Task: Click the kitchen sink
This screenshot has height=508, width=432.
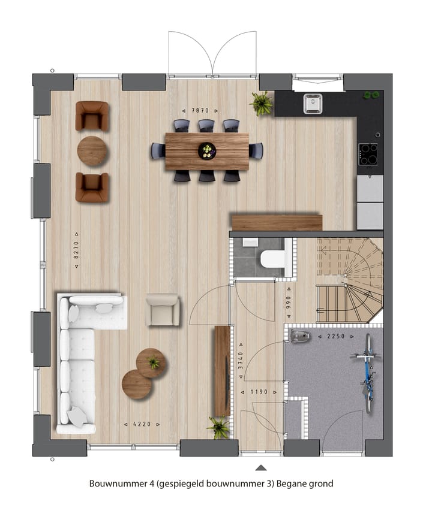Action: tap(313, 103)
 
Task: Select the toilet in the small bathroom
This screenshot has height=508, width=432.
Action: tap(273, 258)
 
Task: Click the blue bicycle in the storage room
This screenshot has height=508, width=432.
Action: tap(367, 372)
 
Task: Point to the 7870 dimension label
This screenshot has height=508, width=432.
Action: tap(199, 111)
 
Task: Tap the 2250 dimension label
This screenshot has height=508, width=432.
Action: tap(336, 337)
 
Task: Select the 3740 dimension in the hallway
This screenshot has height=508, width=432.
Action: tap(241, 356)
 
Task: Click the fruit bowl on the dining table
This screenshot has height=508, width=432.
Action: tap(206, 150)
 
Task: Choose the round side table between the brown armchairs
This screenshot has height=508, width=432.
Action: tap(92, 151)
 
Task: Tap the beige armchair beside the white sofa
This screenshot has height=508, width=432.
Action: tap(163, 310)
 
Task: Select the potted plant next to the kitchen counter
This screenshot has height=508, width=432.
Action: tap(262, 103)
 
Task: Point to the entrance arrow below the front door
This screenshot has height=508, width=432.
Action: tap(260, 467)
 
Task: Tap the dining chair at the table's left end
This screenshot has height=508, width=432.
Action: tap(158, 150)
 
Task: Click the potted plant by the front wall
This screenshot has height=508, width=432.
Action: tap(218, 427)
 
